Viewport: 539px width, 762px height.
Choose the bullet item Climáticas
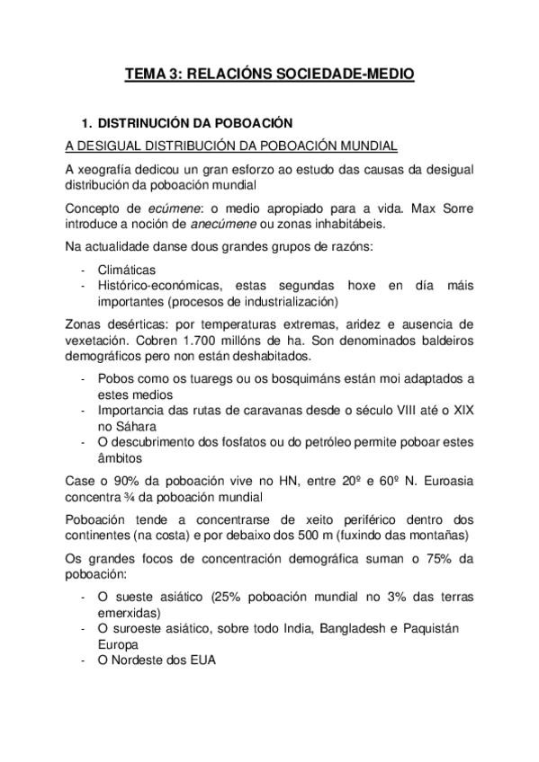tap(127, 270)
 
